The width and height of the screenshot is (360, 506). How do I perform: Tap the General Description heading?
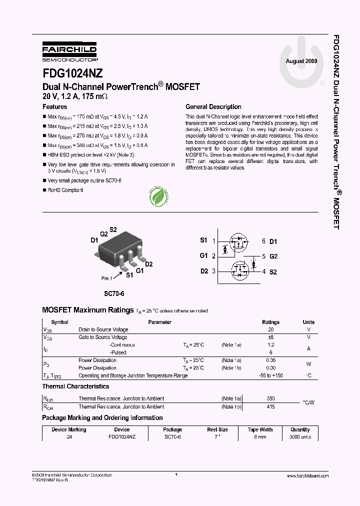point(213,106)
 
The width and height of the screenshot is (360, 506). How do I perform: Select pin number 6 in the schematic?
point(263,241)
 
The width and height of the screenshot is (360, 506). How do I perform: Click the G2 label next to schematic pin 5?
point(273,256)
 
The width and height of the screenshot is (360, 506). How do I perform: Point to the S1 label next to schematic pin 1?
point(203,240)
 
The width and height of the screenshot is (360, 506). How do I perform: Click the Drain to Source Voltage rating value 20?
point(271,330)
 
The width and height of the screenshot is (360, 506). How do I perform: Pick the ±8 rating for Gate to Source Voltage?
point(271,337)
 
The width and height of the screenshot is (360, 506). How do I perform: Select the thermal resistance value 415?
point(271,406)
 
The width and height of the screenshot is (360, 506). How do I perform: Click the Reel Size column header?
point(217,429)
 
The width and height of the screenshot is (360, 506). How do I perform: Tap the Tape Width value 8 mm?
point(260,437)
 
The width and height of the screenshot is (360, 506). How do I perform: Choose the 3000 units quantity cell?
point(300,437)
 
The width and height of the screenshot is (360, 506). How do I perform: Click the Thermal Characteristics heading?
point(75,386)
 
